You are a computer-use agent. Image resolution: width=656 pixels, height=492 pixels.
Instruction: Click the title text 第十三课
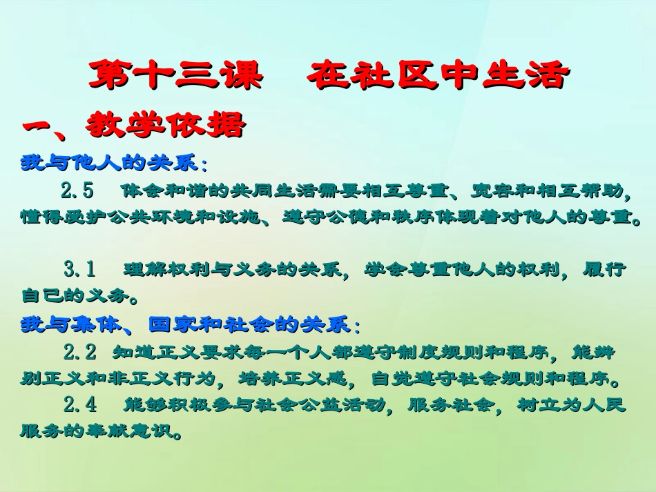point(175,76)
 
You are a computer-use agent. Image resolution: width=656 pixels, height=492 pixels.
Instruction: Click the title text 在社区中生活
point(438,76)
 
